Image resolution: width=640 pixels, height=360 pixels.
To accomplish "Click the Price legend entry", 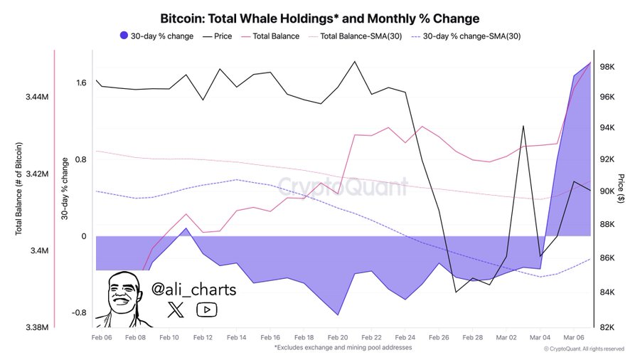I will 218,36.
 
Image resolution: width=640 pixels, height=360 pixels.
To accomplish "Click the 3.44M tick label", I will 36,97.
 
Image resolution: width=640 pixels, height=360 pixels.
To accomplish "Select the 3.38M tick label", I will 36,327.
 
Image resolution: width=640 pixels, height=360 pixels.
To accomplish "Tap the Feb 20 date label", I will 338,338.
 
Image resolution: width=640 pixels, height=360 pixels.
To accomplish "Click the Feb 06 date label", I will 102,338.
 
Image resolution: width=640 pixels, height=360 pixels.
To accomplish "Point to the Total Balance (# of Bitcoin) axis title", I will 18,189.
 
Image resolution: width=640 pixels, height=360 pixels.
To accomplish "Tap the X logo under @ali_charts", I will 176,309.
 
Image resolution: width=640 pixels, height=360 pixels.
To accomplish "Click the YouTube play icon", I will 208,309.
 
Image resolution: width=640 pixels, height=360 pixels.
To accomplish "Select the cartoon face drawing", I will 122,297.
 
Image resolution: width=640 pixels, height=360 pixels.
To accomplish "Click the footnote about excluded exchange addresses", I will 343,348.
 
